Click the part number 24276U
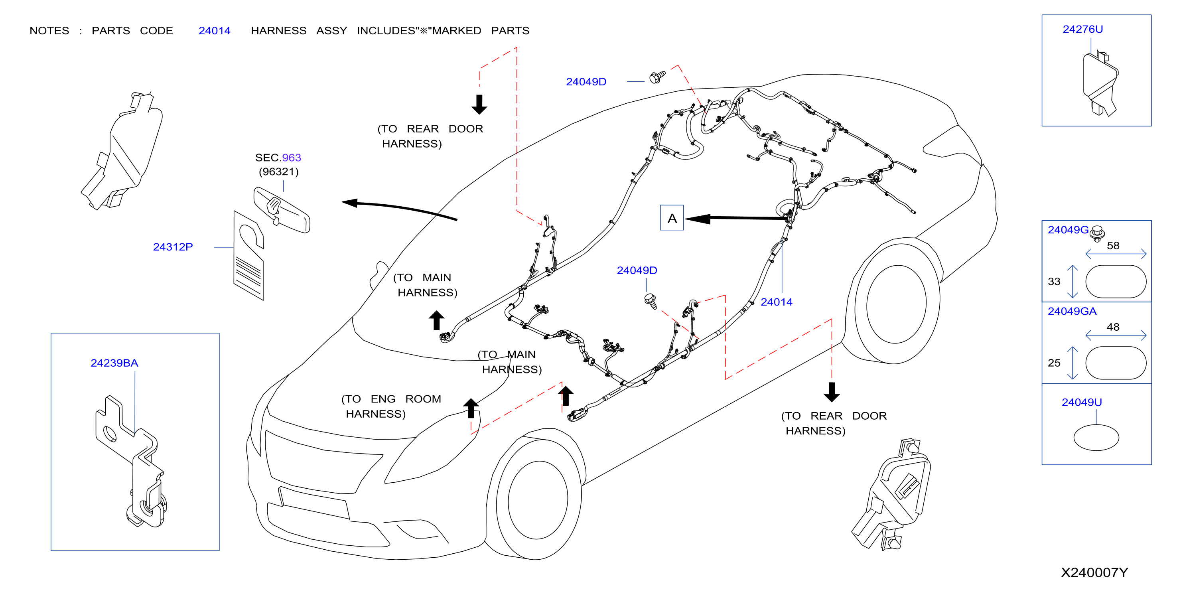pyautogui.click(x=1082, y=30)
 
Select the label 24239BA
pyautogui.click(x=114, y=363)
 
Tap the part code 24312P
pyautogui.click(x=173, y=247)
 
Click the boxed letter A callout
pyautogui.click(x=672, y=218)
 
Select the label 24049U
pyautogui.click(x=1082, y=402)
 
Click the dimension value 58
pyautogui.click(x=1113, y=246)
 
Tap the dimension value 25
pyautogui.click(x=1054, y=363)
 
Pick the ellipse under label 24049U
pyautogui.click(x=1096, y=438)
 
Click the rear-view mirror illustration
pyautogui.click(x=282, y=209)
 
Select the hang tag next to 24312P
pyautogui.click(x=248, y=255)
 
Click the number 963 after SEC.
pyautogui.click(x=292, y=158)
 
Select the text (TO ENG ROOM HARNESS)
pyautogui.click(x=391, y=406)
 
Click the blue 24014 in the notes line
pyautogui.click(x=215, y=31)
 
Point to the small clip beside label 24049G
pyautogui.click(x=1097, y=233)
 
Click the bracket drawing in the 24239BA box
pyautogui.click(x=131, y=461)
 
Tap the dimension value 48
pyautogui.click(x=1113, y=327)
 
